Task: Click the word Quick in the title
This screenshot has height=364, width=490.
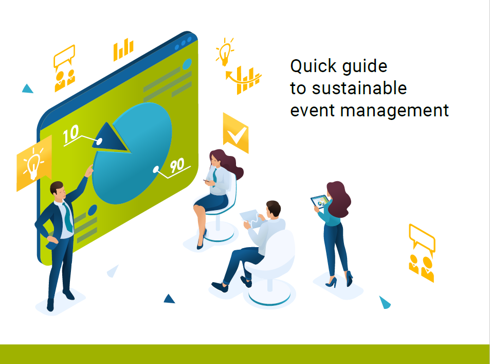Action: [x=312, y=67]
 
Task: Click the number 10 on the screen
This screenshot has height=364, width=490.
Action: [x=71, y=133]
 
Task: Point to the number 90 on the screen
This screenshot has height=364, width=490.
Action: [x=177, y=165]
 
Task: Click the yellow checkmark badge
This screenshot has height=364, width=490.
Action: [x=236, y=133]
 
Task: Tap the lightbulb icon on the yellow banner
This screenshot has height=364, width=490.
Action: [x=34, y=163]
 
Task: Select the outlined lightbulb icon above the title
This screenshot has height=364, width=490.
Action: [x=224, y=51]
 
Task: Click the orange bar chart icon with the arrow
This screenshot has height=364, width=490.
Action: [x=244, y=80]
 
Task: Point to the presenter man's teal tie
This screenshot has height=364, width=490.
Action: [x=67, y=217]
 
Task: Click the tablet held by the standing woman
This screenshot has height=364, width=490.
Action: [x=319, y=202]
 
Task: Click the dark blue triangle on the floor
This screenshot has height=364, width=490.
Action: [x=169, y=298]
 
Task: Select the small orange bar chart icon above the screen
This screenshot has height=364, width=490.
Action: [x=123, y=50]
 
